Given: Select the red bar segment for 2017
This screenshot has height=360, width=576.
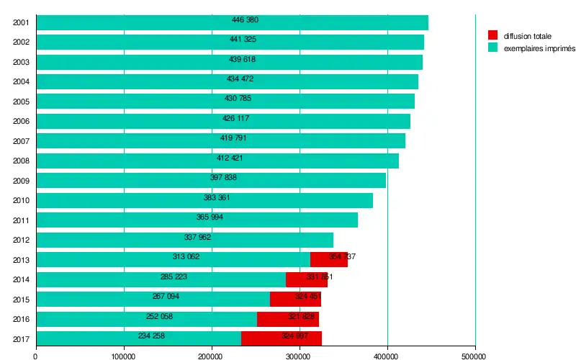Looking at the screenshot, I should point(282,338).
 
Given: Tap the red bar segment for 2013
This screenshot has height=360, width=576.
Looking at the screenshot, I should point(329,259).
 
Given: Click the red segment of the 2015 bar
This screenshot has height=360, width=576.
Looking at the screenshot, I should point(295,299).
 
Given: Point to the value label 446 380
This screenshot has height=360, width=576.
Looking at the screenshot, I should point(245,19).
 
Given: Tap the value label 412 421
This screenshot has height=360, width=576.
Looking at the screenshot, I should point(230,158).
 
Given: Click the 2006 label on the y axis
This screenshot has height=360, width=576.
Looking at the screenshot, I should point(21,122).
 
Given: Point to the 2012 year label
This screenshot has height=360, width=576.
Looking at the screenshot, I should point(21,240).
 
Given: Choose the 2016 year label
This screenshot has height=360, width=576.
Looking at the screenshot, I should point(21,319).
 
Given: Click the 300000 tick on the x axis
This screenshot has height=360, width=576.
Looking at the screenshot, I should point(300,354).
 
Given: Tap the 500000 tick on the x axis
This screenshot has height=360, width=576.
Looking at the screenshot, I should point(474,354).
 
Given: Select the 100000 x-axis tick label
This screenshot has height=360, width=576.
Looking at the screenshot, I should point(124,354).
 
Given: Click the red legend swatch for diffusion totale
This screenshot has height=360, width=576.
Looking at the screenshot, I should point(492,35).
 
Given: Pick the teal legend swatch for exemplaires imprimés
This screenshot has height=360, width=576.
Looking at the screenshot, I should point(492,48).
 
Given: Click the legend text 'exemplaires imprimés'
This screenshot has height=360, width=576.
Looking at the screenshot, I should point(539,48).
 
